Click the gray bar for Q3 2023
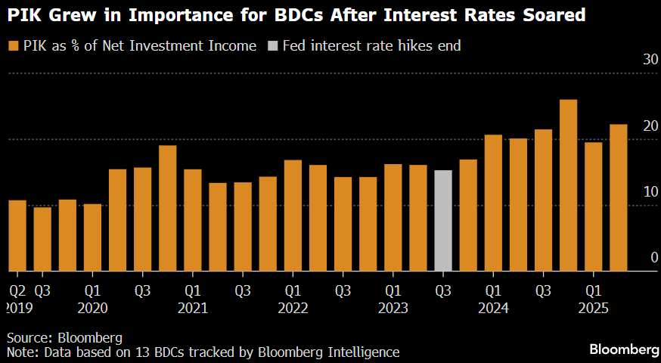[443, 220]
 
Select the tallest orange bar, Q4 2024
[568, 185]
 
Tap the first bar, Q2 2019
[17, 235]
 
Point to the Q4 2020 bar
[168, 208]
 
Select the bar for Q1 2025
[593, 206]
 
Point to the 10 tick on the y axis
[650, 192]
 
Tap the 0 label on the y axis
[653, 258]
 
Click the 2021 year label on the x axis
[193, 308]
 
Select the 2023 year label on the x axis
[393, 308]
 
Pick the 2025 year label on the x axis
[594, 308]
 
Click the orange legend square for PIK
[13, 46]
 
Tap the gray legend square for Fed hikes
[272, 46]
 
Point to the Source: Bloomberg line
[64, 337]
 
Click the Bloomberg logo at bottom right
[624, 349]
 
